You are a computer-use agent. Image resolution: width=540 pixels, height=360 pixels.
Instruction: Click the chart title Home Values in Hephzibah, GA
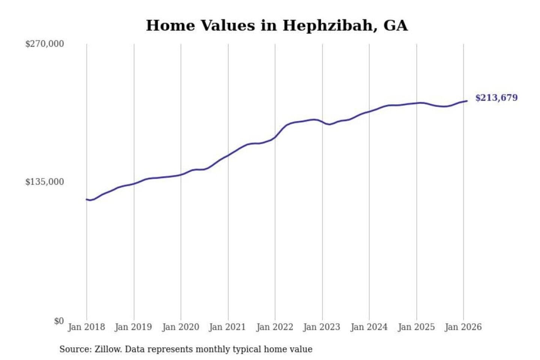pyautogui.click(x=277, y=25)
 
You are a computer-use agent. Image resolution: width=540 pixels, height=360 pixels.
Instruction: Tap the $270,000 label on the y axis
pyautogui.click(x=45, y=44)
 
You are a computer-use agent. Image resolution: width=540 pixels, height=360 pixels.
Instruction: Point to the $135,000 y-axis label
pyautogui.click(x=45, y=182)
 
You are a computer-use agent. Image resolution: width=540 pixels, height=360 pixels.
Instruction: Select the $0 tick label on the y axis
pyautogui.click(x=59, y=321)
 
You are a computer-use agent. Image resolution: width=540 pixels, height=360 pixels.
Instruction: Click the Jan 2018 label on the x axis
pyautogui.click(x=86, y=327)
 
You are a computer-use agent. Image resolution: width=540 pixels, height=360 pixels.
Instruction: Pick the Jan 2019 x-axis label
pyautogui.click(x=133, y=327)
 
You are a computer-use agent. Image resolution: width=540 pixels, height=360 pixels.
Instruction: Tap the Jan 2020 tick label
pyautogui.click(x=180, y=327)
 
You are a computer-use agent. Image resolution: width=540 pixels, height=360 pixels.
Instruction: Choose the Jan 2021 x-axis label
pyautogui.click(x=227, y=327)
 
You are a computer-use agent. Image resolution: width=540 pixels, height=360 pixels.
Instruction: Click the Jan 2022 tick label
pyautogui.click(x=274, y=327)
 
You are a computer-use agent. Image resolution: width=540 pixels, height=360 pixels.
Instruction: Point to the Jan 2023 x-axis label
pyautogui.click(x=321, y=327)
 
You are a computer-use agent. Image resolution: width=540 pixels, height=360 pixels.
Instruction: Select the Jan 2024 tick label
pyautogui.click(x=369, y=327)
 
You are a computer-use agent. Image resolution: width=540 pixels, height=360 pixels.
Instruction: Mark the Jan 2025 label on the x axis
pyautogui.click(x=416, y=327)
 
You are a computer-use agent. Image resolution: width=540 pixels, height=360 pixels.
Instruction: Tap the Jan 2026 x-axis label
pyautogui.click(x=463, y=327)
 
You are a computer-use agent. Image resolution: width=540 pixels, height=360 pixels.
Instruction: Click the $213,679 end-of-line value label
pyautogui.click(x=496, y=98)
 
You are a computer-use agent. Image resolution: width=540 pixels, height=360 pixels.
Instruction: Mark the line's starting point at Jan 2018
pyautogui.click(x=87, y=199)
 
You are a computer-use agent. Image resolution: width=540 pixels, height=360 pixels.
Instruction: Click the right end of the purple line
pyautogui.click(x=466, y=101)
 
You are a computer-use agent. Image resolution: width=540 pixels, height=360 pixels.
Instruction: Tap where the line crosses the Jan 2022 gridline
pyautogui.click(x=275, y=137)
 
